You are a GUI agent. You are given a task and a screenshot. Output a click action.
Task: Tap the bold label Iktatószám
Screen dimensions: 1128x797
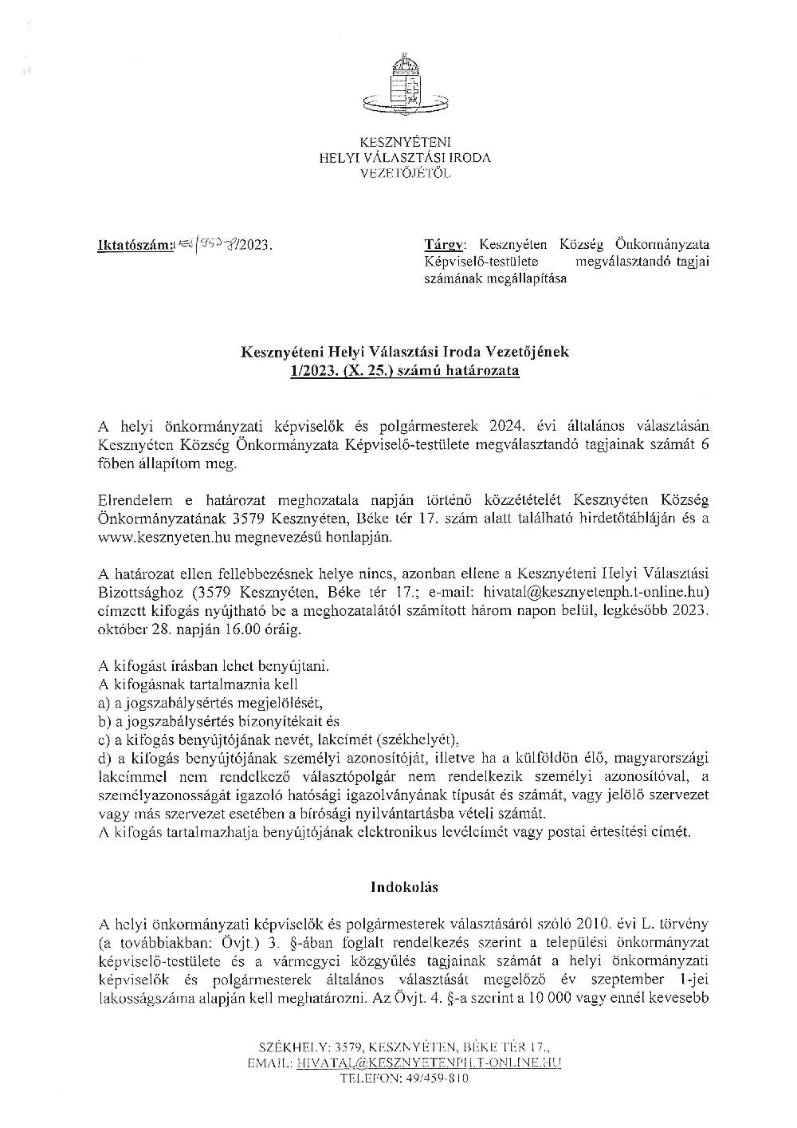click(x=131, y=247)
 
